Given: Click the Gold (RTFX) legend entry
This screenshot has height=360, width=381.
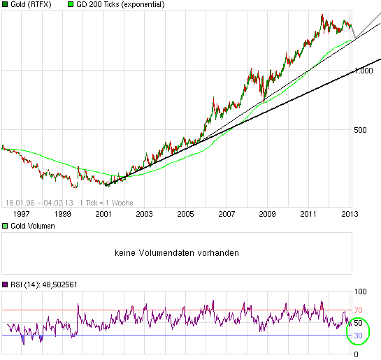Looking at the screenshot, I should (32, 4).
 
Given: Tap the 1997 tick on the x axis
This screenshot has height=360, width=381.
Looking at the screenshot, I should (22, 214).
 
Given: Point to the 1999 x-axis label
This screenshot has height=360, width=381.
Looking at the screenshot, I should (63, 214).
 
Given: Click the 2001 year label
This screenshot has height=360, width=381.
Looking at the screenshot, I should (103, 214).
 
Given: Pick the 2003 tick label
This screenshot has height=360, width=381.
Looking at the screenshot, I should (145, 214).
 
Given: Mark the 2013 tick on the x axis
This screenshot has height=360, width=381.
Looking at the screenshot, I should (350, 214).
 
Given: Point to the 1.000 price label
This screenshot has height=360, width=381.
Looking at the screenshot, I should (364, 71).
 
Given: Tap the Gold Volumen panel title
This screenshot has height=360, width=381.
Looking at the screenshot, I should (32, 226).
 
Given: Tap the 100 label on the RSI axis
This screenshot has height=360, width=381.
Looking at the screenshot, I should (361, 291).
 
